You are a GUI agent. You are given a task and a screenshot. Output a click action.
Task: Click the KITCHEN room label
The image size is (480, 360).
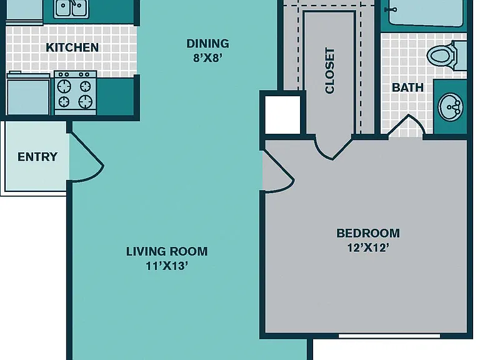[x=72, y=47]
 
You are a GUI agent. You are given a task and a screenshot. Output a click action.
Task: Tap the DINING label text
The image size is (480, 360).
[x=208, y=44]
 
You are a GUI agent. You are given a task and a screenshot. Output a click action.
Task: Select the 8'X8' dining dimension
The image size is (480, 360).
[x=207, y=57]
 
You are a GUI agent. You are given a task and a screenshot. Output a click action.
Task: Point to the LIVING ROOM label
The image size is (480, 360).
[x=167, y=251]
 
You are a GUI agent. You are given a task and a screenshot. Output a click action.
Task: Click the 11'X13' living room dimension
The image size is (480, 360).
[x=166, y=266]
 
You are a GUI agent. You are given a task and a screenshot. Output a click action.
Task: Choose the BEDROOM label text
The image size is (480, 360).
[x=368, y=233]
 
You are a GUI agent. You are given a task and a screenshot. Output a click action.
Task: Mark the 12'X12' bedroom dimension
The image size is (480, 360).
[x=368, y=247]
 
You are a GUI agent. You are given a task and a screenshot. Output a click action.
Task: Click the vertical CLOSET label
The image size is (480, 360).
[x=330, y=71]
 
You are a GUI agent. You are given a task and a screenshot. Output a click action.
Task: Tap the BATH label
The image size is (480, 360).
[x=407, y=87]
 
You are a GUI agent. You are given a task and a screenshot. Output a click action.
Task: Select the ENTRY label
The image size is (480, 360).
[x=37, y=157]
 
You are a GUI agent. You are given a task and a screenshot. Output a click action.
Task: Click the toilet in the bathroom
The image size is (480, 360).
[x=447, y=56]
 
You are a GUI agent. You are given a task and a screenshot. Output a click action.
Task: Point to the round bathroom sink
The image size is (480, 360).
[x=451, y=107]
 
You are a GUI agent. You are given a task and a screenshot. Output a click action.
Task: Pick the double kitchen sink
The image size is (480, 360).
[x=71, y=9]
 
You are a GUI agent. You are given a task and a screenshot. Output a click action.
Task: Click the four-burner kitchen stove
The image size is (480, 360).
[x=75, y=92]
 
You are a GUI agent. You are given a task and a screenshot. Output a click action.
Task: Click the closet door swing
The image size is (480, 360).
[x=333, y=149]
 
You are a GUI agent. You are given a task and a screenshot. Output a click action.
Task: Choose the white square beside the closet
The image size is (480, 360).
[x=282, y=115]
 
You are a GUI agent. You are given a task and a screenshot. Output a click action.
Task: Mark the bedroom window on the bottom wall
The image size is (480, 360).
[x=389, y=336]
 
